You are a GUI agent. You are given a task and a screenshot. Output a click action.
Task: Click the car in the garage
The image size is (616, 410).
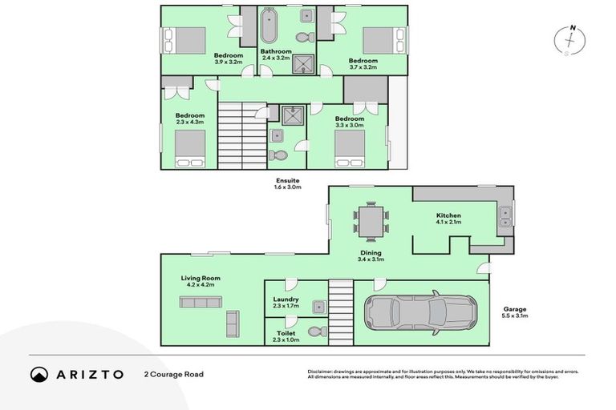(420, 313)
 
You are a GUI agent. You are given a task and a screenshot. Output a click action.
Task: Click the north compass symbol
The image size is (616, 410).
(571, 40)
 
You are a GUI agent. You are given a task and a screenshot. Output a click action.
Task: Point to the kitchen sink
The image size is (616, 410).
(506, 213)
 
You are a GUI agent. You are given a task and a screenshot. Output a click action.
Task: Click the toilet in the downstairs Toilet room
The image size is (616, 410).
(314, 332)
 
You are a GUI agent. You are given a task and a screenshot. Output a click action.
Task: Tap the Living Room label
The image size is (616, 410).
(201, 279)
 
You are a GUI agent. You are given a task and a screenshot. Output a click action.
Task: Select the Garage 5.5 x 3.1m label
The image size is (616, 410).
(515, 312)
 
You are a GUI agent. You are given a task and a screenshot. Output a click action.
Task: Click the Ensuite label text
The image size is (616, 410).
(287, 182)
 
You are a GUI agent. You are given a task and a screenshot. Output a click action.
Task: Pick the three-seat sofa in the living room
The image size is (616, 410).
(201, 302)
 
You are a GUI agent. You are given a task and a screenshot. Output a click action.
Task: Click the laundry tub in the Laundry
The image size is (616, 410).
(318, 306)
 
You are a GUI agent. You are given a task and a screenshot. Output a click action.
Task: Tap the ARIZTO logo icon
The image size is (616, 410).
(39, 374)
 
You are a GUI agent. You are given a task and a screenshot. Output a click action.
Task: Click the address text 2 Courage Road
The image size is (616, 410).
(174, 374)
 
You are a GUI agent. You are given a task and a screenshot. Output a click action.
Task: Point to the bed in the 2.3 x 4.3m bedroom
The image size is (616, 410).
(191, 148)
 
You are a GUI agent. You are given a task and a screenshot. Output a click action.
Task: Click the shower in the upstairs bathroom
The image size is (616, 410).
(304, 63)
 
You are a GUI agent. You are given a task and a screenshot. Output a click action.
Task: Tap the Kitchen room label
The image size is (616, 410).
(448, 216)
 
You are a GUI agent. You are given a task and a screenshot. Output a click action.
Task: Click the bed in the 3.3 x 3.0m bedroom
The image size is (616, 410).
(351, 149)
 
